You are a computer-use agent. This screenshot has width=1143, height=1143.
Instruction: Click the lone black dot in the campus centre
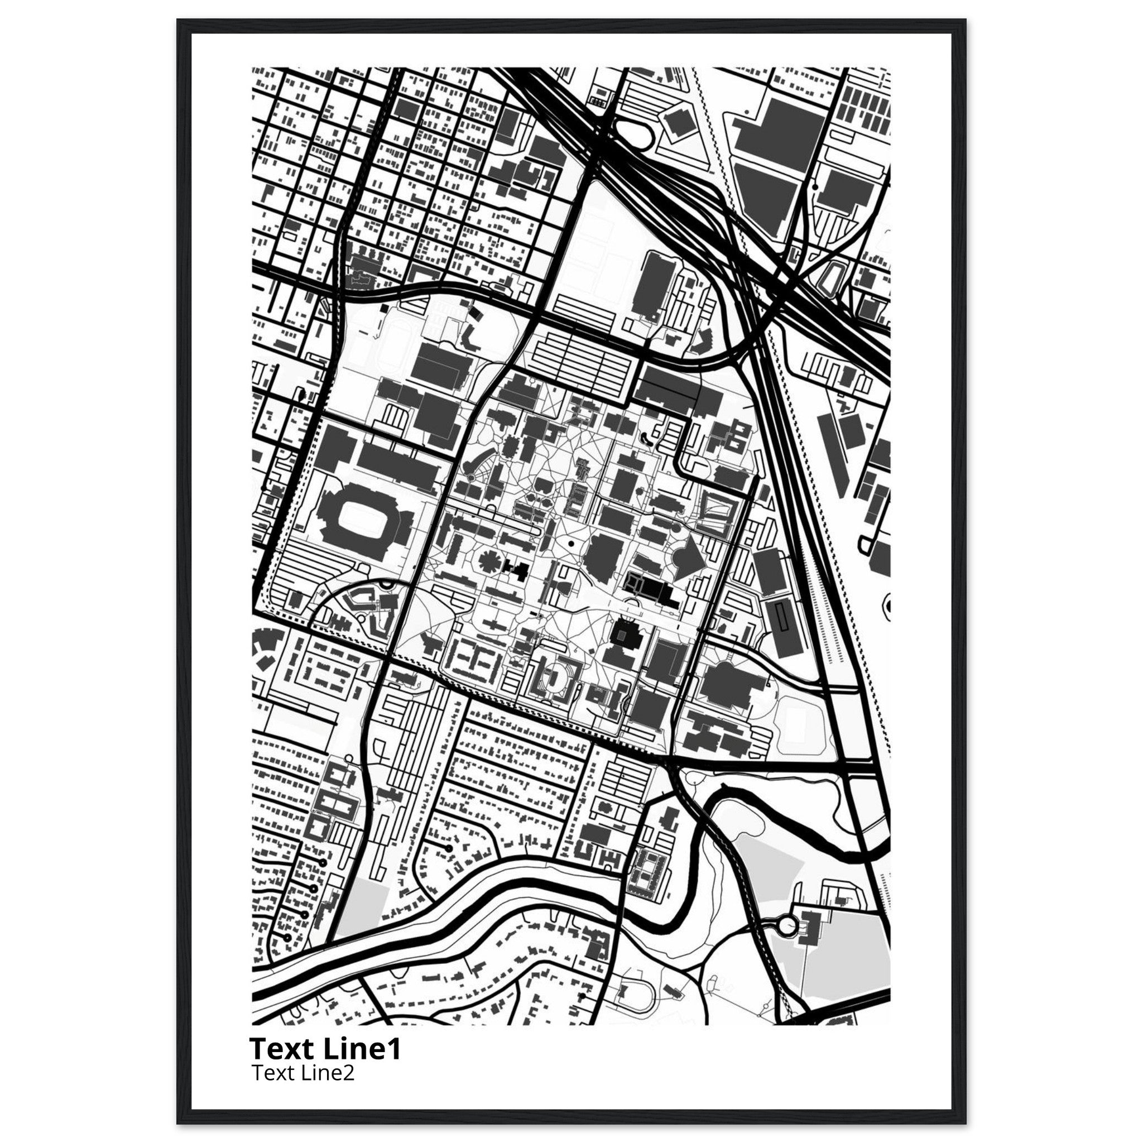pos(571,542)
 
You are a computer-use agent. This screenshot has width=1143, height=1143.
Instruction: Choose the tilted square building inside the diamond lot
pos(675,122)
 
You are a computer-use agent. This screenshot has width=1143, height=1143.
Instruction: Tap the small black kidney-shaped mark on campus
pos(644,438)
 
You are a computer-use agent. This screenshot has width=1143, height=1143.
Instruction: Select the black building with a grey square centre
pos(623,635)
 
